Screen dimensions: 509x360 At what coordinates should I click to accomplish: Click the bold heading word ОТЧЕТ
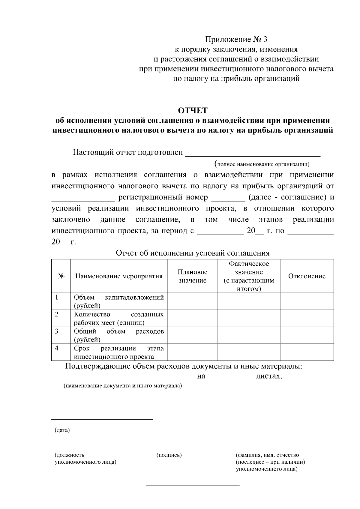click(x=193, y=111)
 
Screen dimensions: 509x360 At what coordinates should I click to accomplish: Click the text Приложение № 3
click(x=236, y=40)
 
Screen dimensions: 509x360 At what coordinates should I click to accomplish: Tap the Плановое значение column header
click(x=192, y=276)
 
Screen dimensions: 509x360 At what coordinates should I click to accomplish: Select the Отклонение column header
click(x=307, y=276)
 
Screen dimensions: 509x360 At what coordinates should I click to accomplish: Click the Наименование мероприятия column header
click(x=119, y=276)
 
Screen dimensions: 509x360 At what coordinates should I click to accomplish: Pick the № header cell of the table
click(x=61, y=276)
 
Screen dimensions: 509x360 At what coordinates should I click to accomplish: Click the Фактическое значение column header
click(x=249, y=276)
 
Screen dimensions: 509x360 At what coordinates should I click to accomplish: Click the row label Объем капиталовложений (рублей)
click(x=119, y=301)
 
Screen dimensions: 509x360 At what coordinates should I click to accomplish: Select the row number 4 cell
click(x=61, y=352)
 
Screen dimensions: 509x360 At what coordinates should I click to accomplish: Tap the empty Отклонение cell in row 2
click(x=307, y=318)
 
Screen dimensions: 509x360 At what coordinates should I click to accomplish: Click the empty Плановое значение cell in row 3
click(x=192, y=335)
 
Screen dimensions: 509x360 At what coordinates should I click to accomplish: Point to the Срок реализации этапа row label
click(x=119, y=352)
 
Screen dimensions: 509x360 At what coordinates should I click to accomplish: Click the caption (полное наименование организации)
click(x=262, y=164)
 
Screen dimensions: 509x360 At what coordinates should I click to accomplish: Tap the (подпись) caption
click(x=169, y=455)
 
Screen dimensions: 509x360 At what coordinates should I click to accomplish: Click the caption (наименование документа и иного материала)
click(x=122, y=386)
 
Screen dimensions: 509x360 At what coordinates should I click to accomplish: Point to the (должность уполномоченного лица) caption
click(x=85, y=458)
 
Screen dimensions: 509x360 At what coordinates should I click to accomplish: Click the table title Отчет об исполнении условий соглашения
click(x=193, y=253)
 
